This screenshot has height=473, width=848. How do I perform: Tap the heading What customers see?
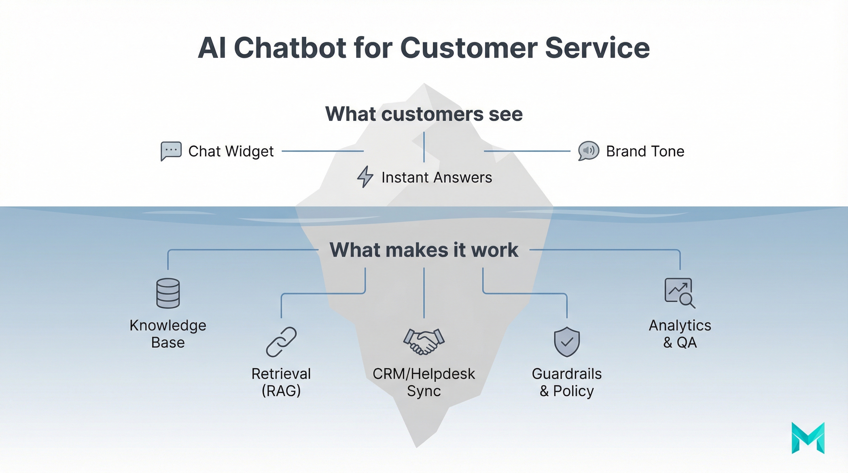(x=424, y=114)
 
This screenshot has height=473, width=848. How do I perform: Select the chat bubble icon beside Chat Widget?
(x=171, y=151)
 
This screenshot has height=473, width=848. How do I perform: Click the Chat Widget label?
(x=231, y=151)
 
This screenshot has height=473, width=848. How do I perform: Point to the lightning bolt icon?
(x=365, y=177)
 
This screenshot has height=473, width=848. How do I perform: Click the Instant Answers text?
(x=437, y=178)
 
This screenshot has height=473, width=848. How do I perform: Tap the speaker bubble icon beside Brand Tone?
(x=588, y=151)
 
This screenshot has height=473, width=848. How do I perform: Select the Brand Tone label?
(x=645, y=151)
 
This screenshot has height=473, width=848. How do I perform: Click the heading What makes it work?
(x=424, y=250)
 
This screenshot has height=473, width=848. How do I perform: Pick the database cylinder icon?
(x=168, y=293)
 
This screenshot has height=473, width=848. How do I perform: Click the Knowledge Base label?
(x=168, y=334)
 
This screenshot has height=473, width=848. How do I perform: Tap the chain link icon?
(x=281, y=342)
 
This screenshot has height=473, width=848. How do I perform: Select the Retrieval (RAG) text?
(x=281, y=382)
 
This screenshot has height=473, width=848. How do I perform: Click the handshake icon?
(x=424, y=342)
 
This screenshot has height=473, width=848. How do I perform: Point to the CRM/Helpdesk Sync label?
(x=424, y=382)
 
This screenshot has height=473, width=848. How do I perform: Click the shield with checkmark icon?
(x=567, y=342)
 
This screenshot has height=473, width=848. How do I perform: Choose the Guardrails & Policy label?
(x=567, y=382)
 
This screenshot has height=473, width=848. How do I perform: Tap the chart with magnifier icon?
(x=679, y=293)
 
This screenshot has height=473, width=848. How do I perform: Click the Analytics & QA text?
(x=680, y=334)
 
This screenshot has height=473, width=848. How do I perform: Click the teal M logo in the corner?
(x=808, y=438)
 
